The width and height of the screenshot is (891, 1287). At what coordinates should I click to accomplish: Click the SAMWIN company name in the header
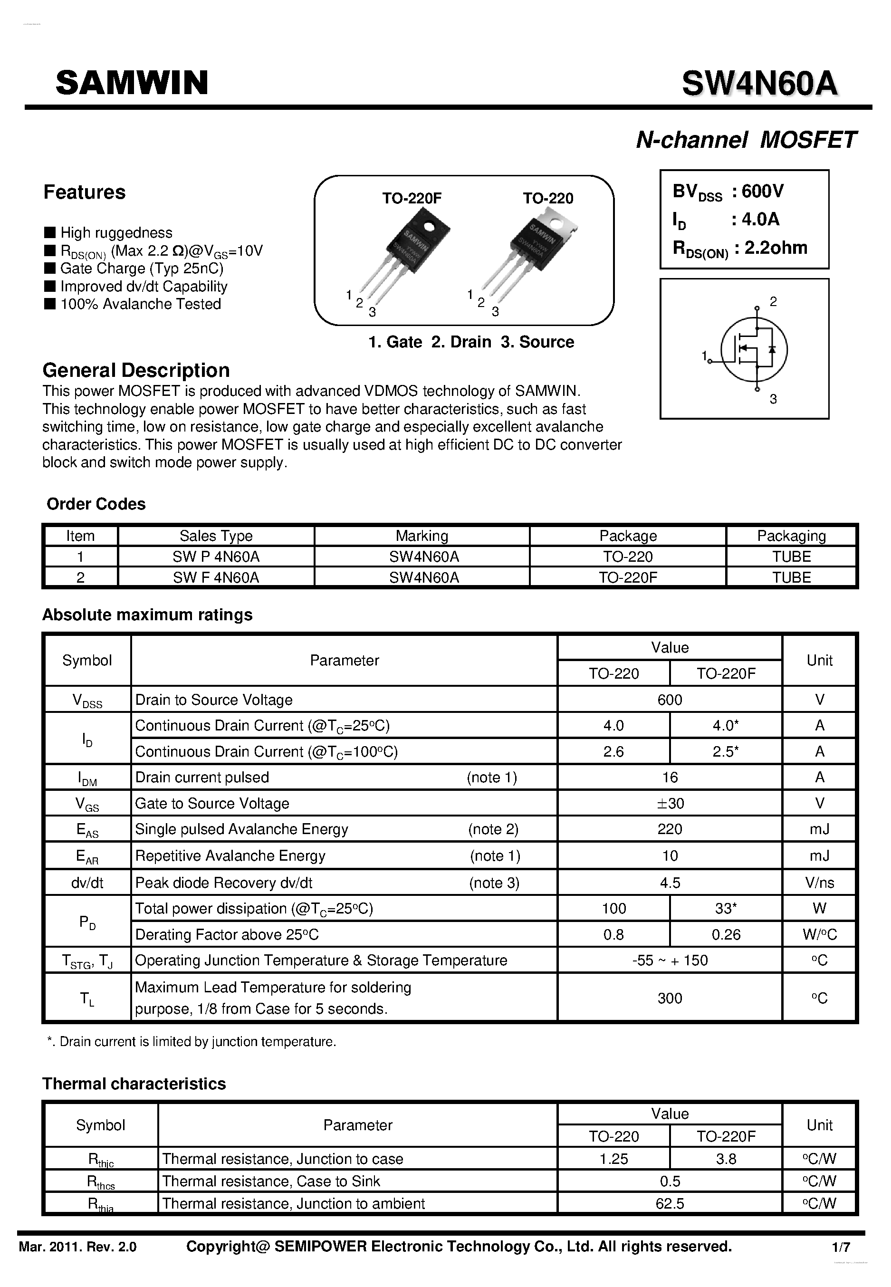(132, 83)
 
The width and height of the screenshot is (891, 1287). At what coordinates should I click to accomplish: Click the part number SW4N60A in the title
(759, 84)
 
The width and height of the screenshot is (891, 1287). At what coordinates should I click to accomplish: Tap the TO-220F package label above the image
(412, 198)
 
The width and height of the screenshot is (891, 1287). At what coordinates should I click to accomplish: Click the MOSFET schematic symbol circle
(754, 349)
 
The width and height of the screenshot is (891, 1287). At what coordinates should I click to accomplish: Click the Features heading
(84, 192)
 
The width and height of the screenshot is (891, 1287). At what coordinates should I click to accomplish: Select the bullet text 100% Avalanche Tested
(140, 304)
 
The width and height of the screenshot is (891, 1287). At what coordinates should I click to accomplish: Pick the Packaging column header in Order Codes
(791, 536)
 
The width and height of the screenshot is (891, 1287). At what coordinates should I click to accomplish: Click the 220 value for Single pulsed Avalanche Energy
(670, 829)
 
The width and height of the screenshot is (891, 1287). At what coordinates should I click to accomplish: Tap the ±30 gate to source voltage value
(670, 804)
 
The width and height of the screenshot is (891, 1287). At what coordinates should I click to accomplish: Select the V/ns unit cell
(819, 883)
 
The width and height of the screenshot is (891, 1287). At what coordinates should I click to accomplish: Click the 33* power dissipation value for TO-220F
(725, 908)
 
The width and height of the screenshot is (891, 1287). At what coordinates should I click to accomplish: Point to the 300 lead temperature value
(670, 999)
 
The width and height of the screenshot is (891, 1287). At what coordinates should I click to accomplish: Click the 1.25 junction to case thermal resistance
(613, 1159)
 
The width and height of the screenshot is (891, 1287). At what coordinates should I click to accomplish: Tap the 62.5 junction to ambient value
(670, 1203)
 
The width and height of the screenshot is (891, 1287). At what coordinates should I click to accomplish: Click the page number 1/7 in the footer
(841, 1247)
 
